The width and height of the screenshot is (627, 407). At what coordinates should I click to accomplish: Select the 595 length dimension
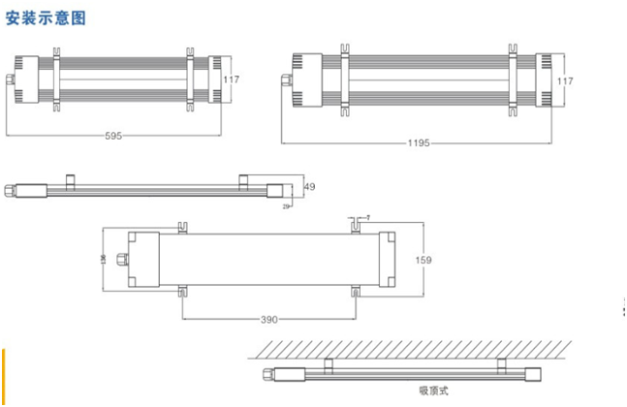[x=113, y=137]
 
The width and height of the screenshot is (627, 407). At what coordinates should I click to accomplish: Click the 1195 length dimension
[x=417, y=142]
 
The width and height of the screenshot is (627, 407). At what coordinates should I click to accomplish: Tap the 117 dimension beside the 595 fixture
[x=231, y=79]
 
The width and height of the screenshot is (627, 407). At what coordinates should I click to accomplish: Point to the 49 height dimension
[x=309, y=187]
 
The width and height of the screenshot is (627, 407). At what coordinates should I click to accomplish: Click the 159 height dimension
[x=423, y=260]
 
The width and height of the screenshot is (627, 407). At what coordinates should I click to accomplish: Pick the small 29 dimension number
[x=287, y=205]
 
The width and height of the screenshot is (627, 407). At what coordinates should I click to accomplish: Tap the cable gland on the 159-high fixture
[x=120, y=259]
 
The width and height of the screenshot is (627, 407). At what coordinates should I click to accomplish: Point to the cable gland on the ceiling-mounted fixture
[x=262, y=373]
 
